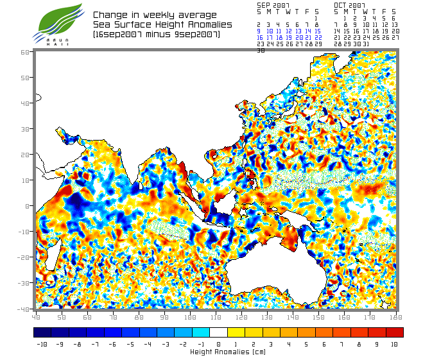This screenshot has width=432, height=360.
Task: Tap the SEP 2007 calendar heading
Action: point(273,4)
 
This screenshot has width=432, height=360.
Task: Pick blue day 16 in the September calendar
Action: point(259,37)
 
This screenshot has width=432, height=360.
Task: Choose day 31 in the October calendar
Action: point(365,44)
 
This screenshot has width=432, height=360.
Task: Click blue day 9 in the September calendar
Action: point(259,31)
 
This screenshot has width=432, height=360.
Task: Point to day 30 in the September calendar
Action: point(260,50)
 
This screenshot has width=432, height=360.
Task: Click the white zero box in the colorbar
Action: point(218,332)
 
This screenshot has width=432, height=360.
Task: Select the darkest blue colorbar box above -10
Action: point(42,332)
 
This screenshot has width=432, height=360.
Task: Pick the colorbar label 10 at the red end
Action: point(393,345)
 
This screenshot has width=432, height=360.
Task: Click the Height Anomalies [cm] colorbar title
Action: point(218,352)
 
